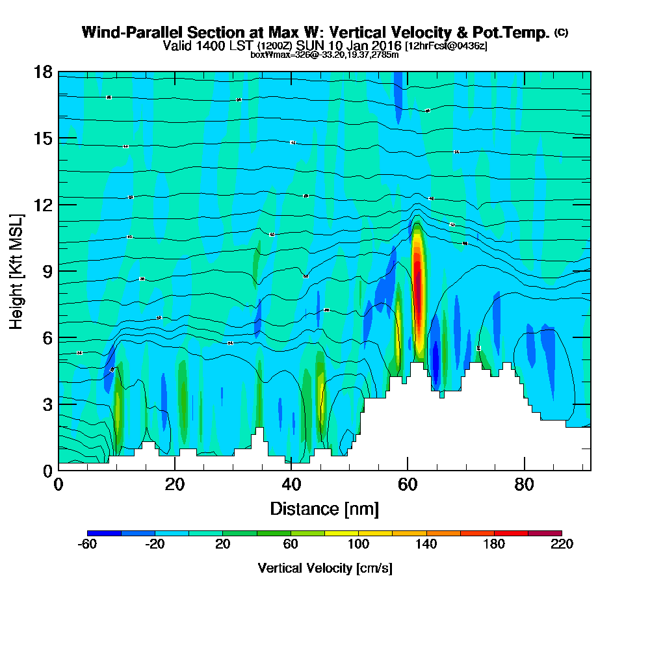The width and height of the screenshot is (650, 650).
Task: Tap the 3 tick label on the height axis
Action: click(x=47, y=404)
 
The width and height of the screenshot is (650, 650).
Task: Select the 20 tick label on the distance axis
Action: click(x=175, y=485)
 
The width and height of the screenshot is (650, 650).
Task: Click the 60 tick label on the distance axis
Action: click(x=408, y=485)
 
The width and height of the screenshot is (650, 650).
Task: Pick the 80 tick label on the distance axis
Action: click(x=524, y=485)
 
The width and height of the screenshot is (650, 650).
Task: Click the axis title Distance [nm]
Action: click(x=324, y=508)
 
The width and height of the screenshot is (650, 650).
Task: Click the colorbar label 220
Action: click(x=562, y=545)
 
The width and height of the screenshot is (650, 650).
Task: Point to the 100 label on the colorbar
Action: click(x=358, y=545)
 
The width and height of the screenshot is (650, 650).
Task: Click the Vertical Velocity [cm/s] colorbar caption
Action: click(x=324, y=568)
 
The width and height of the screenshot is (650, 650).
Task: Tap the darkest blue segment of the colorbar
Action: click(x=104, y=534)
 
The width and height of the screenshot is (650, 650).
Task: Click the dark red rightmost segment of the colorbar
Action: click(x=545, y=534)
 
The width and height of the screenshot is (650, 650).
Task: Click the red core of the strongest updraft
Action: click(x=418, y=286)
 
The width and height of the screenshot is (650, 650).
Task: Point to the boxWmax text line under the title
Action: click(x=324, y=55)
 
